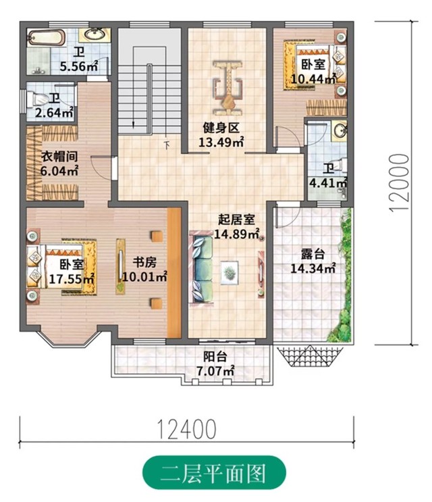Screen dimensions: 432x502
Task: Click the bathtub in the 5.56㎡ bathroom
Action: click(46, 37)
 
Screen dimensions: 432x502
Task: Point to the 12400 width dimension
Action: click(187, 429)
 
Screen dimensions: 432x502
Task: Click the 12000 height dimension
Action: click(400, 182)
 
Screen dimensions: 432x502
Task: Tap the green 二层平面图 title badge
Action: click(214, 472)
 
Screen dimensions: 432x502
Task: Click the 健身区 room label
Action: click(221, 128)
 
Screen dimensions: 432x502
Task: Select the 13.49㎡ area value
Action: click(221, 141)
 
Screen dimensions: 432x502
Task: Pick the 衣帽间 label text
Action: click(60, 157)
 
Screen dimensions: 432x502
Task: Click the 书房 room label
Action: click(144, 263)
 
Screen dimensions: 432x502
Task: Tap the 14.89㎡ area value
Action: click(236, 234)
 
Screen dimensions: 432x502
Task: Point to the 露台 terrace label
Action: click(313, 254)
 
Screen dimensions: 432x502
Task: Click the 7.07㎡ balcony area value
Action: click(215, 371)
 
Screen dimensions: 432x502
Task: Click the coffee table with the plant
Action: click(230, 272)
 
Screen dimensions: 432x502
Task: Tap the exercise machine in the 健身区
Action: click(228, 87)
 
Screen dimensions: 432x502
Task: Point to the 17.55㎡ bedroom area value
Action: click(72, 278)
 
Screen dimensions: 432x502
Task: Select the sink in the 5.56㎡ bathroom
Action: click(94, 34)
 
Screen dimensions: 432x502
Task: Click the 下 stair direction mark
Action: click(167, 145)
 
